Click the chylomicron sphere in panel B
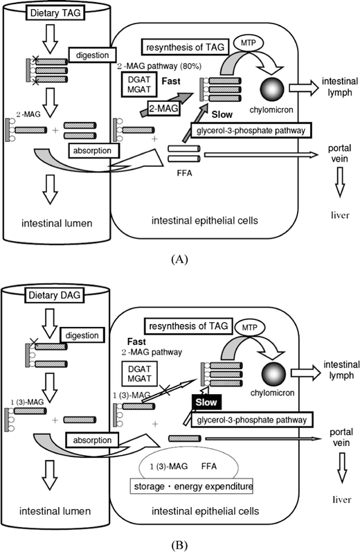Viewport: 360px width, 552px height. [x=273, y=375]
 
